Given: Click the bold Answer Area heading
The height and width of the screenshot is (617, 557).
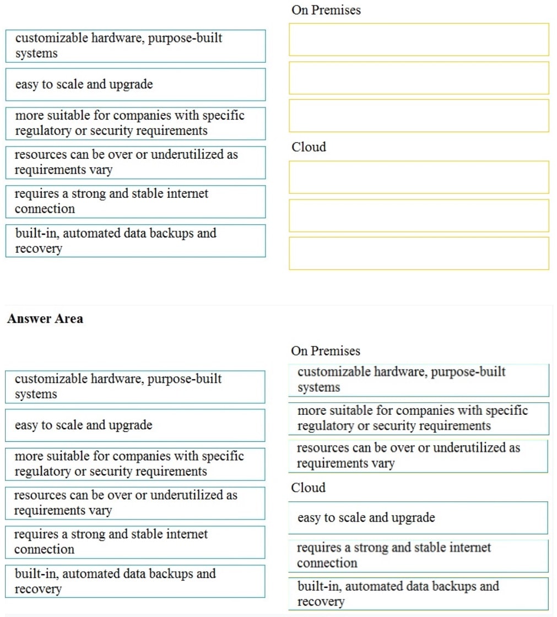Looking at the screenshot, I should coord(45,319).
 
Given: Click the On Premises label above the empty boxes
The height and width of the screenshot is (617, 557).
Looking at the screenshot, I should coord(326,10).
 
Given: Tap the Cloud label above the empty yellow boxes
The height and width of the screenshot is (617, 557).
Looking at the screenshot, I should coord(309,147).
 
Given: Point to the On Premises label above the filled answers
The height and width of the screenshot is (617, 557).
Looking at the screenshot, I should coord(326,351).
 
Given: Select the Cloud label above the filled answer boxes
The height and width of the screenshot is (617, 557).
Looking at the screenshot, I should coord(308,488).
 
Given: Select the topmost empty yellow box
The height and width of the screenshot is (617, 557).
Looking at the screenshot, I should coord(419,40).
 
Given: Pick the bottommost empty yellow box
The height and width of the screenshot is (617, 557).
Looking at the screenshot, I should coord(419,253).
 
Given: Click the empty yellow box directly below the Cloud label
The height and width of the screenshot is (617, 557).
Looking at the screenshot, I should coord(419,177).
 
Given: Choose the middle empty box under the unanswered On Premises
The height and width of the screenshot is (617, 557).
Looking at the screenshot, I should coord(419,78).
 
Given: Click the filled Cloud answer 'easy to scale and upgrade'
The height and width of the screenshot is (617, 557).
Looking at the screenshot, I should coord(418,518).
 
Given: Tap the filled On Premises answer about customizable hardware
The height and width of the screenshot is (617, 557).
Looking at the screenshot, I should coord(418,380).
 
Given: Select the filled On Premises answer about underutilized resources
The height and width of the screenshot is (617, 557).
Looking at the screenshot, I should coord(418,456).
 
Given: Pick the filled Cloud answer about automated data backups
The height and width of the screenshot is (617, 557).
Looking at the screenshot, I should coord(418,593).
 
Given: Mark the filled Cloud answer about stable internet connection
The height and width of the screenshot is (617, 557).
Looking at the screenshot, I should coord(418,555).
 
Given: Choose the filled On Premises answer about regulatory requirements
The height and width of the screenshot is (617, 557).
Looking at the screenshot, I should coord(418,418).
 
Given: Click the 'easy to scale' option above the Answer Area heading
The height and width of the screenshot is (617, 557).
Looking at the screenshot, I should coord(136,84).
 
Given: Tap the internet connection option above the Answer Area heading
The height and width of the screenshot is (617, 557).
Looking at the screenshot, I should coord(136,201).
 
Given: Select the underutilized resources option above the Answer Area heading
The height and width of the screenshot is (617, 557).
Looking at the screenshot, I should coord(136,162).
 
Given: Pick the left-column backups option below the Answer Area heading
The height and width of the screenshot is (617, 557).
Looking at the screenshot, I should coord(135,581).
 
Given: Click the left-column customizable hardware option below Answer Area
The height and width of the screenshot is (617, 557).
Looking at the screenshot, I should coord(135,387).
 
